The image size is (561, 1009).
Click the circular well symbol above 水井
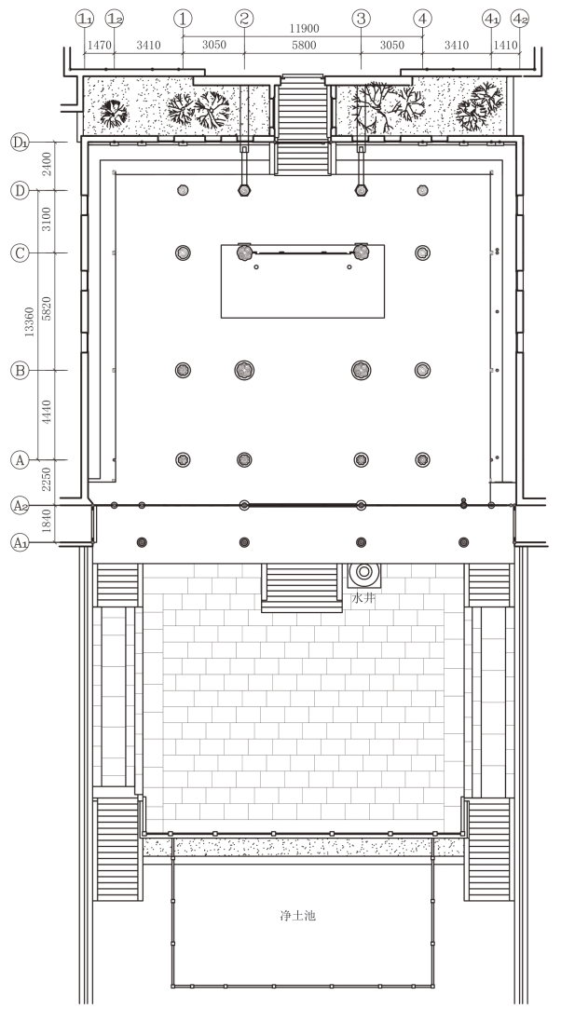pyautogui.click(x=364, y=571)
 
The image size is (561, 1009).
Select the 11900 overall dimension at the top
pyautogui.click(x=304, y=29)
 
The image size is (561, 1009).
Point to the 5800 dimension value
pyautogui.click(x=304, y=45)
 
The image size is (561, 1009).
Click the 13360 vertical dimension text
pyautogui.click(x=29, y=320)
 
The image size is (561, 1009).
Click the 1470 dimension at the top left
pyautogui.click(x=99, y=45)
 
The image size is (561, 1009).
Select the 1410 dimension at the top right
pyautogui.click(x=505, y=45)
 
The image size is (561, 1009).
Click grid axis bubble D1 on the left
pyautogui.click(x=20, y=142)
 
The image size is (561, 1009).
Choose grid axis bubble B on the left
pyautogui.click(x=20, y=370)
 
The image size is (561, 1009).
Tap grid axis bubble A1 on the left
pyautogui.click(x=20, y=543)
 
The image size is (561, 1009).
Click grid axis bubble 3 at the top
pyautogui.click(x=361, y=19)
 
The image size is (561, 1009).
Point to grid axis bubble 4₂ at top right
pyautogui.click(x=520, y=19)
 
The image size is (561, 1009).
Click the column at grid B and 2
pyautogui.click(x=244, y=370)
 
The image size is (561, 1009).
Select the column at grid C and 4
pyautogui.click(x=422, y=252)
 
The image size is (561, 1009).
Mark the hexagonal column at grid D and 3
pyautogui.click(x=361, y=190)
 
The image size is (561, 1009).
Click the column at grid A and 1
pyautogui.click(x=183, y=459)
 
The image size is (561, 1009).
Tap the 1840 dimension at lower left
pyautogui.click(x=45, y=525)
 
